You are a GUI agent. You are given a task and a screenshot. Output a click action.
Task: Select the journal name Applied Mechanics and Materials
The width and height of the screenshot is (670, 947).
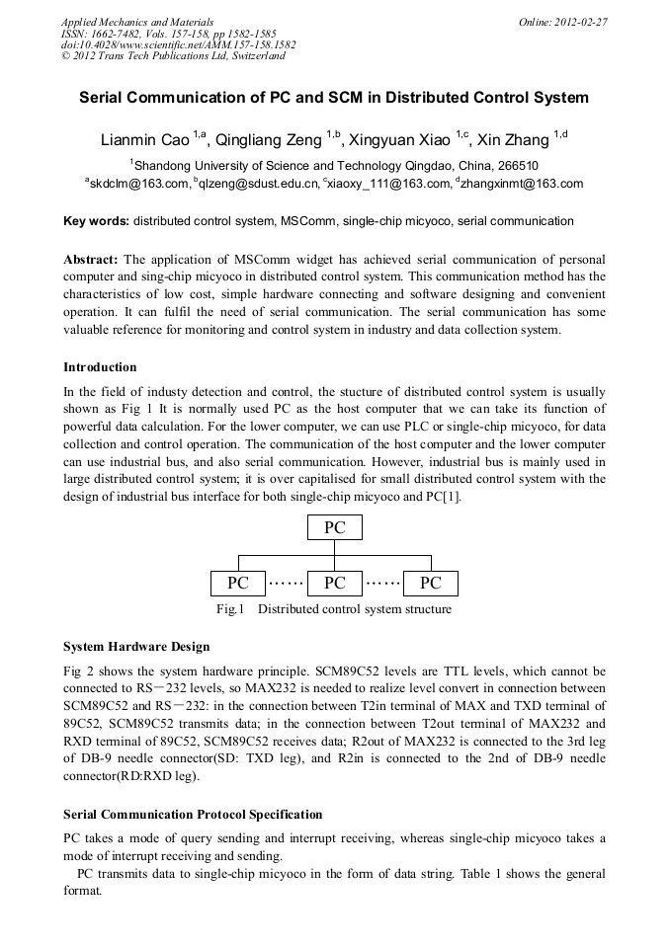coord(136,21)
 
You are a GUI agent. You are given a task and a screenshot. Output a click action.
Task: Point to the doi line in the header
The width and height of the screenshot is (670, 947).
coord(178,44)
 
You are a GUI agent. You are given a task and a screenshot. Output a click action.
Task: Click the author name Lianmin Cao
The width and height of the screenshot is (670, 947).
coord(146,140)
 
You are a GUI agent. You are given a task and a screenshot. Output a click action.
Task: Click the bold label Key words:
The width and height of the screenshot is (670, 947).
coord(96,221)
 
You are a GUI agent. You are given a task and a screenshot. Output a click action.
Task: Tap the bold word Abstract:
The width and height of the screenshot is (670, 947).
coord(91,260)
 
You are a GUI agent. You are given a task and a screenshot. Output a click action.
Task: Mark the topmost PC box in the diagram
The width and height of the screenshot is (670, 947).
coord(335,528)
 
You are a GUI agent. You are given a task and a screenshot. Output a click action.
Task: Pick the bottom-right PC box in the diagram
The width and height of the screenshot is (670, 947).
coord(431,584)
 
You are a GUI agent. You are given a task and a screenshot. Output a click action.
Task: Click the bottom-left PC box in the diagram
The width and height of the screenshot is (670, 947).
coord(238,584)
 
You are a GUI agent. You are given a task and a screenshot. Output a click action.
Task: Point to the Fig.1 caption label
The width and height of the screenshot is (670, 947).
coord(230,609)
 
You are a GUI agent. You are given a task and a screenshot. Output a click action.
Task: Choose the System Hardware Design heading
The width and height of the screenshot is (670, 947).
coord(136,647)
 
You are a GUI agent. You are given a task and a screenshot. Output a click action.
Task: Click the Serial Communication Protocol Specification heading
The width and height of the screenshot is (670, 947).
coord(193,815)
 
